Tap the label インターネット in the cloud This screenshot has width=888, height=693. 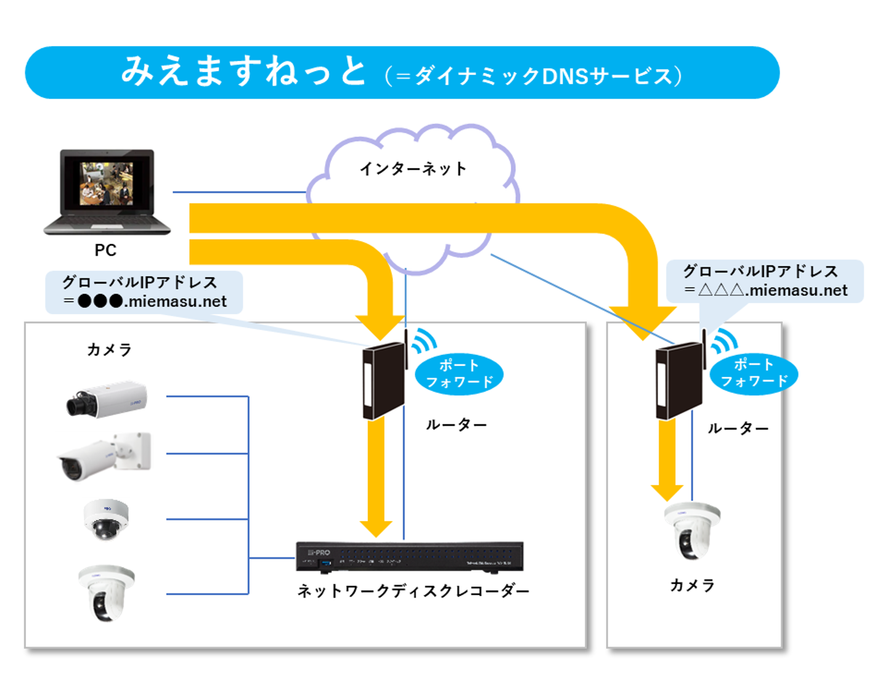pyautogui.click(x=413, y=169)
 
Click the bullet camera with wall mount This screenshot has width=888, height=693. pyautogui.click(x=105, y=456)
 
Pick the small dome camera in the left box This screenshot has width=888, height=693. pyautogui.click(x=106, y=519)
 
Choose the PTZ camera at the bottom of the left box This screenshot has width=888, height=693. pyautogui.click(x=106, y=593)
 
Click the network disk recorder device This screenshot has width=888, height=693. pyautogui.click(x=409, y=556)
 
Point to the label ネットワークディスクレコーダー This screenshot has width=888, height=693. pyautogui.click(x=413, y=591)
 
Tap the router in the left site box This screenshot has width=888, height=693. pyautogui.click(x=384, y=381)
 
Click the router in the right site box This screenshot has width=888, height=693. pyautogui.click(x=679, y=381)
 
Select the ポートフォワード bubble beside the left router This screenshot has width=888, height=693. pyautogui.click(x=459, y=374)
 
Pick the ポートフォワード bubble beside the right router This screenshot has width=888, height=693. pyautogui.click(x=754, y=373)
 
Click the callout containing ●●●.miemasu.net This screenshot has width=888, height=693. pyautogui.click(x=144, y=293)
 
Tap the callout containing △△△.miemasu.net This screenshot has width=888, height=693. pyautogui.click(x=765, y=282)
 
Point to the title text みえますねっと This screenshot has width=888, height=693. pyautogui.click(x=243, y=71)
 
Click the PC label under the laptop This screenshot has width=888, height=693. pyautogui.click(x=105, y=250)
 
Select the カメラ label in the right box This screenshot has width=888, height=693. pyautogui.click(x=692, y=585)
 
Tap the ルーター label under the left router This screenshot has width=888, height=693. pyautogui.click(x=456, y=425)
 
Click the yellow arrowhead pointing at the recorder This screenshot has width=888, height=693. pyautogui.click(x=376, y=527)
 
